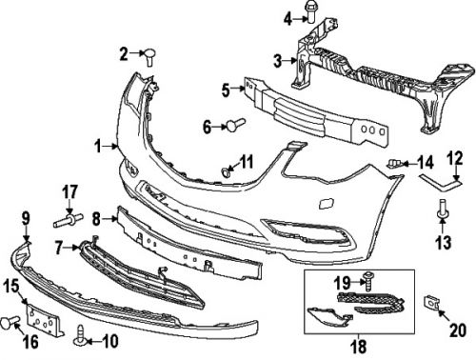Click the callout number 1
[98, 146]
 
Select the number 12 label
[455, 158]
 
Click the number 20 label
[457, 331]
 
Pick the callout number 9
[26, 217]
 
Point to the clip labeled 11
[227, 171]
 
